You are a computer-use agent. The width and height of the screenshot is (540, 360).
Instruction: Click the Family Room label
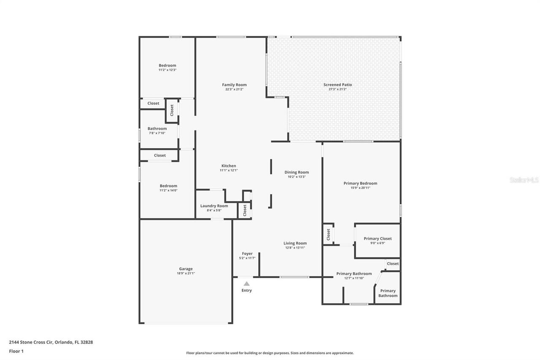pyautogui.click(x=234, y=85)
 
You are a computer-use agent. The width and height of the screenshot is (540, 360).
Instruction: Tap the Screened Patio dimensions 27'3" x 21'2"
pyautogui.click(x=337, y=89)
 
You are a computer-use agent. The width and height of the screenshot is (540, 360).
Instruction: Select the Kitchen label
pyautogui.click(x=229, y=166)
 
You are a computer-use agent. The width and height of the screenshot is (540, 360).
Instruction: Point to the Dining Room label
pyautogui.click(x=297, y=172)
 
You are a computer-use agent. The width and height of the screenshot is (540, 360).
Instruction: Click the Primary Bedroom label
pyautogui.click(x=360, y=183)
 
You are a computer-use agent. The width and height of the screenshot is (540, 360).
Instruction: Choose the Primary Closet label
pyautogui.click(x=378, y=238)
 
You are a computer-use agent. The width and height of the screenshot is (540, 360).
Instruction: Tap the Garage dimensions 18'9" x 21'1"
pyautogui.click(x=186, y=273)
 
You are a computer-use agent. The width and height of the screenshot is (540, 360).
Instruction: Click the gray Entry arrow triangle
pyautogui.click(x=247, y=284)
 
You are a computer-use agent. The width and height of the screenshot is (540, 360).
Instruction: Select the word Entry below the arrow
pyautogui.click(x=247, y=290)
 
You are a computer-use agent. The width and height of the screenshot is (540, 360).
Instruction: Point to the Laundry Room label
pyautogui.click(x=214, y=206)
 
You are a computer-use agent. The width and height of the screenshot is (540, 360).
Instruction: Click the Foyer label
pyautogui.click(x=247, y=253)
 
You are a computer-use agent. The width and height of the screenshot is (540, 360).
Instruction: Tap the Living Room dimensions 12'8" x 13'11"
pyautogui.click(x=295, y=248)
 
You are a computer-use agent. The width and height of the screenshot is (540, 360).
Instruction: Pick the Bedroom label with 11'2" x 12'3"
pyautogui.click(x=167, y=65)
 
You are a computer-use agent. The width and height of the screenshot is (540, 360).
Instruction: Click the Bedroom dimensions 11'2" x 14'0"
pyautogui.click(x=168, y=190)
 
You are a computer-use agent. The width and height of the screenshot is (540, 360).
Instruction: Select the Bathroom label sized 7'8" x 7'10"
pyautogui.click(x=157, y=129)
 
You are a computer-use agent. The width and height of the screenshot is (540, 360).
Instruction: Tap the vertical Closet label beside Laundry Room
pyautogui.click(x=245, y=210)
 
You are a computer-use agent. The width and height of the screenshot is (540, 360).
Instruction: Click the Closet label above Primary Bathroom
pyautogui.click(x=393, y=263)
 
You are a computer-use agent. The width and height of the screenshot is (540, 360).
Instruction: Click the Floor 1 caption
pyautogui.click(x=16, y=351)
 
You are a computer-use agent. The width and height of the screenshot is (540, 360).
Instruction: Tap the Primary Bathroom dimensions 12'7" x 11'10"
pyautogui.click(x=354, y=278)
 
